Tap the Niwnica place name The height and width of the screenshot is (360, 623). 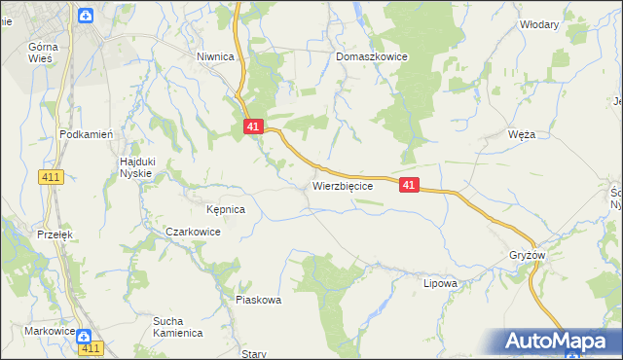pos(215,56)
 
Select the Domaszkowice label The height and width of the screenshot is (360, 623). pos(372,57)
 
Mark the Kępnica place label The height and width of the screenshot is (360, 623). pos(225,209)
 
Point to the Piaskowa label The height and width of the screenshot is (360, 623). pos(258,300)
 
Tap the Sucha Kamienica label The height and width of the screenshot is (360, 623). pos(176,326)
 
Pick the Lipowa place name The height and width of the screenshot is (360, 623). pos(440,284)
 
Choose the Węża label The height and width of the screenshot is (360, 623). pos(522,135)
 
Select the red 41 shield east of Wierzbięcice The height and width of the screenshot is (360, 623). pos(409,184)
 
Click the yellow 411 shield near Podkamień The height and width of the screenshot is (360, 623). pos(52,176)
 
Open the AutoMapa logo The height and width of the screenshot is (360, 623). pos(554,341)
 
